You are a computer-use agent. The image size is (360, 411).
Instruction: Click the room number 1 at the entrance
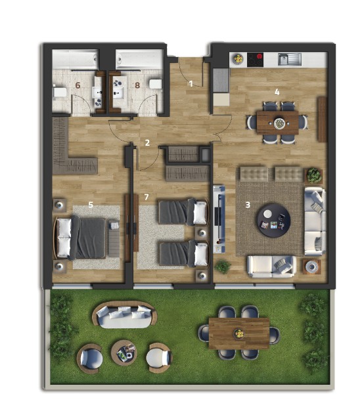point(191,84)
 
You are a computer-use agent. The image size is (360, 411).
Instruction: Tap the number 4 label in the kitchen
point(277,92)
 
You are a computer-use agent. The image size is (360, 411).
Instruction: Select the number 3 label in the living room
point(248,205)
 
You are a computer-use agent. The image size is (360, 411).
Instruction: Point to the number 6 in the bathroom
point(78,85)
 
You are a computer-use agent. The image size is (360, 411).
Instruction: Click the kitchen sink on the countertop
point(290,59)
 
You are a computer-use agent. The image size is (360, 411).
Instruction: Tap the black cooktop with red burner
point(255,60)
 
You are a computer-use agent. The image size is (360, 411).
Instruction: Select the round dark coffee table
point(273,220)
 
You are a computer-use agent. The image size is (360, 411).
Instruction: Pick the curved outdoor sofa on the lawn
point(125,314)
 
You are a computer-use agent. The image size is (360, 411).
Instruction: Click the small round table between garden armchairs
point(124,353)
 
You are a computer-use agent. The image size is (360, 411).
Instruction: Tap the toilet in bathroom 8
point(156,85)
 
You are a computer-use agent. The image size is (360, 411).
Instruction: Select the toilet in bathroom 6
point(60,93)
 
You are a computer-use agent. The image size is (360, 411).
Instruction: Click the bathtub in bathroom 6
point(76,60)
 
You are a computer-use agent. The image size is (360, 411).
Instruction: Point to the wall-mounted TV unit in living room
point(219,219)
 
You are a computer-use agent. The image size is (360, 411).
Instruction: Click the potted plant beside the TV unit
point(223,267)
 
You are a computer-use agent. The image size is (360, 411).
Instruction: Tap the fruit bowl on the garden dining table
point(239,334)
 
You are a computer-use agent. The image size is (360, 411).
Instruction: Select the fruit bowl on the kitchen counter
point(238,59)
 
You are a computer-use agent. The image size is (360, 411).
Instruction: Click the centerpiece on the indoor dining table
point(279,123)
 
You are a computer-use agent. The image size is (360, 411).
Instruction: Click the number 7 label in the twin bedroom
point(146,197)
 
